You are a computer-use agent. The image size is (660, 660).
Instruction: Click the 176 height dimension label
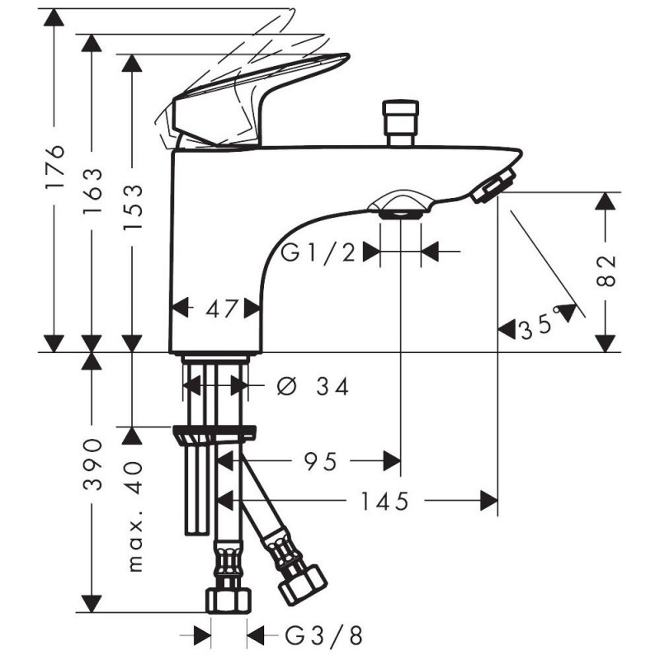(x=55, y=167)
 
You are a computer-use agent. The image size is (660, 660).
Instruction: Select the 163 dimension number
(x=92, y=191)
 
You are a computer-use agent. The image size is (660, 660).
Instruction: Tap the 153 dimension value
(x=133, y=207)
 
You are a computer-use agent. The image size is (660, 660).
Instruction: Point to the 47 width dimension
(x=222, y=309)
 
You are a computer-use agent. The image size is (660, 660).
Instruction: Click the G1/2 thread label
(x=318, y=253)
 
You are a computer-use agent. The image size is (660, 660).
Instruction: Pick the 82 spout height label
(x=606, y=271)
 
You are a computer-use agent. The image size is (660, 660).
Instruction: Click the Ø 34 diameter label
(x=313, y=386)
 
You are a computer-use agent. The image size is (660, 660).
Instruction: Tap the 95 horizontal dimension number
(x=320, y=461)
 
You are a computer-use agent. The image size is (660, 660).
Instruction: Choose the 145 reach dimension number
(x=384, y=501)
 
